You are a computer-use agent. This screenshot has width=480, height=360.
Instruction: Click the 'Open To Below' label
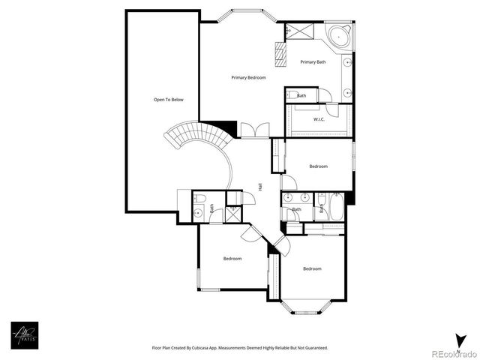click(x=169, y=100)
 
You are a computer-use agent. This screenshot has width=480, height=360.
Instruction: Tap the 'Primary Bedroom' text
click(x=248, y=78)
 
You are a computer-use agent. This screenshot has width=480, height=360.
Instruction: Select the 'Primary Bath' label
click(x=313, y=62)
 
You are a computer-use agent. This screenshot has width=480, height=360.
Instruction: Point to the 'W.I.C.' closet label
click(x=319, y=118)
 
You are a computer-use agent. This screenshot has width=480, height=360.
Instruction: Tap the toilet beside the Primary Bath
click(x=291, y=95)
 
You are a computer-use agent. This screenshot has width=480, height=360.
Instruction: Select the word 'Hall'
click(x=260, y=186)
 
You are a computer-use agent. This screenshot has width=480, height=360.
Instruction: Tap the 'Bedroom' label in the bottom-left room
click(x=232, y=259)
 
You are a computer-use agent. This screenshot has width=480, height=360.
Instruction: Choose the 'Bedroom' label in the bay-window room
click(x=312, y=268)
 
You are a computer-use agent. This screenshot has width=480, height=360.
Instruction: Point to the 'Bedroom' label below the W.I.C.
click(x=319, y=166)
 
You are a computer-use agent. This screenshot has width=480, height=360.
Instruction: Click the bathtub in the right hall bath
click(x=334, y=206)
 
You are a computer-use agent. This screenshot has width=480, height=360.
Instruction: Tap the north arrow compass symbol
click(x=459, y=340)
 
